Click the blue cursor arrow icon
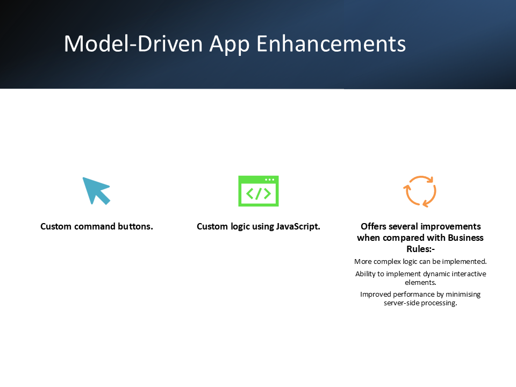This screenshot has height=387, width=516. tap(95, 190)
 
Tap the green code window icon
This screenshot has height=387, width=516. tap(259, 191)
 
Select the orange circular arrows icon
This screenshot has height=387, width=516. tap(420, 191)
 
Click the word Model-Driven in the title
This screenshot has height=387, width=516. tap(133, 44)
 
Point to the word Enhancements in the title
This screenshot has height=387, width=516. tap(331, 44)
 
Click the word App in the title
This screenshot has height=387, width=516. tap(230, 45)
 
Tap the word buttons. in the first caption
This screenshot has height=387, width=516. tap(135, 226)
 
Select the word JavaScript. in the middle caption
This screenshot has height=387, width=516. tap(298, 227)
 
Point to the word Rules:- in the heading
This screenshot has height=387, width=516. tap(420, 249)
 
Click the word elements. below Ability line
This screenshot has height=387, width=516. tap(420, 282)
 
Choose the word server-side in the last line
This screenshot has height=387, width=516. tap(401, 303)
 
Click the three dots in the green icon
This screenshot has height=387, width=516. tap(269, 180)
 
